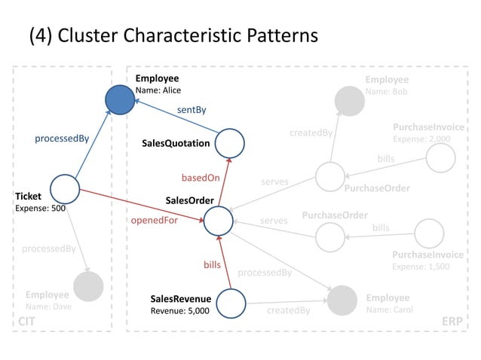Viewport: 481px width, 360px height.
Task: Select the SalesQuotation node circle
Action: click(x=231, y=142)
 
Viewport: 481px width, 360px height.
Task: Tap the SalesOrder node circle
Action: click(x=219, y=220)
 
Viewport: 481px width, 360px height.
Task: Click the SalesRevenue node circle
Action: click(x=231, y=302)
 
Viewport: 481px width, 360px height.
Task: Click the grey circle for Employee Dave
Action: click(x=88, y=286)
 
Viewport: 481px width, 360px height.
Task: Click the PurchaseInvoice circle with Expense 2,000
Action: click(x=440, y=158)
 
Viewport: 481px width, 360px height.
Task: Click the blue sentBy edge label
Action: click(x=191, y=110)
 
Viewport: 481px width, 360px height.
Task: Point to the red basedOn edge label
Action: click(x=201, y=178)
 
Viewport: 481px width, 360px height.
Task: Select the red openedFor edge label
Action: click(x=155, y=221)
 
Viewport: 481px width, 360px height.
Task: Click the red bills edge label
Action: click(x=212, y=265)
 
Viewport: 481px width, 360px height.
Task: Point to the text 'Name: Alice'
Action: click(x=158, y=90)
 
